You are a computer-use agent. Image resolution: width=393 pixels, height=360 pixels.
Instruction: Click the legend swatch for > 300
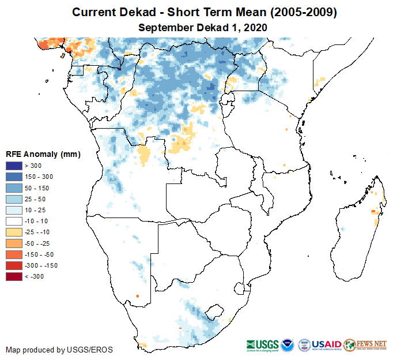[x=14, y=166]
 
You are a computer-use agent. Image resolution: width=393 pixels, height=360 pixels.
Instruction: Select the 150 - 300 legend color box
[x=14, y=177]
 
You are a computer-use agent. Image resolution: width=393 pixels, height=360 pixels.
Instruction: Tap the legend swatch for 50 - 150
[x=14, y=187]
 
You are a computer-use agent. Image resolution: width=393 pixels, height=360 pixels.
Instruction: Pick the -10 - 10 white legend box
[x=14, y=221]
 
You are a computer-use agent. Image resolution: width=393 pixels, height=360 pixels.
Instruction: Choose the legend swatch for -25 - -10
[x=14, y=232]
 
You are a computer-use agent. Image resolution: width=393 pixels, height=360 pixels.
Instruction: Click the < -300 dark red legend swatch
[x=14, y=276]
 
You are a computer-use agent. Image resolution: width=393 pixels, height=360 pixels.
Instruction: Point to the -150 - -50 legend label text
[x=38, y=254]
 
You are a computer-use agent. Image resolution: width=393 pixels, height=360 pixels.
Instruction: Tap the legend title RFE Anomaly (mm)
[x=43, y=154]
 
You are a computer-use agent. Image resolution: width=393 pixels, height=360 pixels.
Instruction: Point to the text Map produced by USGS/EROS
[x=59, y=350]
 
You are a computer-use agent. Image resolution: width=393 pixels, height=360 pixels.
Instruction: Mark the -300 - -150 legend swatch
[x=14, y=265]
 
